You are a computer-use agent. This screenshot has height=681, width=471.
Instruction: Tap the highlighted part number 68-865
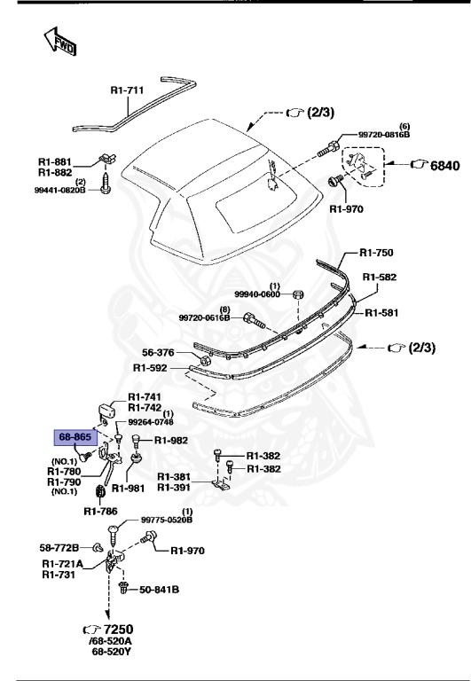pyautogui.click(x=75, y=437)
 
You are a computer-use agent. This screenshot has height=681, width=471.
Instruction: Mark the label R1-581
pyautogui.click(x=383, y=311)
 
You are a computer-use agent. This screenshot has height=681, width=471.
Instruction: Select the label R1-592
pyautogui.click(x=153, y=367)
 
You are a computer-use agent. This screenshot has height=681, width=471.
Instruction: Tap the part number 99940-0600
pyautogui.click(x=257, y=294)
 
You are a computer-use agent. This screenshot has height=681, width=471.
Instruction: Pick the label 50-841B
pyautogui.click(x=159, y=589)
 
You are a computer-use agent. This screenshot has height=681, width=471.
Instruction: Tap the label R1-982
pyautogui.click(x=172, y=440)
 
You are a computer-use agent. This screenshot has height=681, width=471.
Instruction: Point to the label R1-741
pyautogui.click(x=145, y=396)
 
